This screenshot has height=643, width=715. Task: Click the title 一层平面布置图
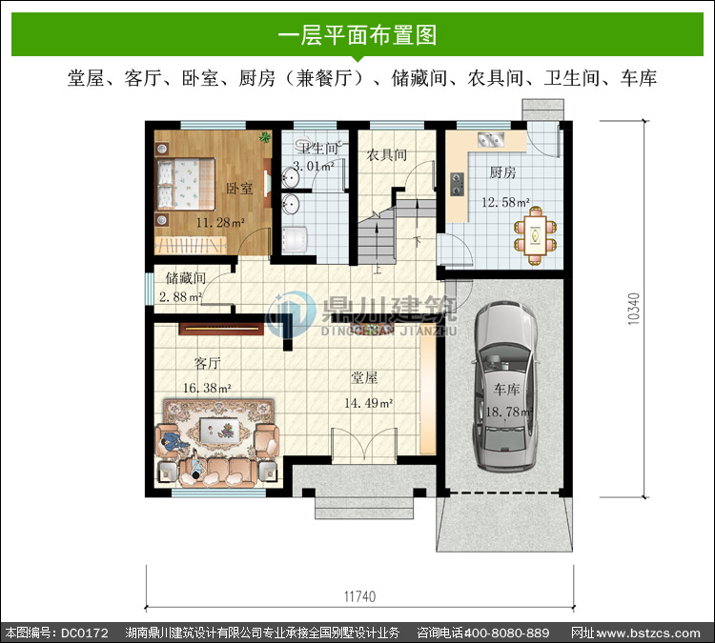click(357, 35)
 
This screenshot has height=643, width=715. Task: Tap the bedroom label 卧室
click(239, 189)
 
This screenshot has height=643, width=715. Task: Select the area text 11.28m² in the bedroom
click(220, 222)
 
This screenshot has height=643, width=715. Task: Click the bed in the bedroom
click(186, 184)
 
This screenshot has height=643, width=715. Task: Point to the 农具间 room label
click(387, 155)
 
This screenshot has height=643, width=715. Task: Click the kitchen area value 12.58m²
click(505, 201)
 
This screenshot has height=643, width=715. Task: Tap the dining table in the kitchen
click(536, 235)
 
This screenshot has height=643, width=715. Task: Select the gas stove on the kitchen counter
click(458, 184)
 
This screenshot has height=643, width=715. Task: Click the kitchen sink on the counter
click(491, 139)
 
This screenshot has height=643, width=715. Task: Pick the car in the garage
click(504, 386)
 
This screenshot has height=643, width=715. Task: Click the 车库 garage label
click(506, 390)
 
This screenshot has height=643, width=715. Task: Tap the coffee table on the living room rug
click(219, 431)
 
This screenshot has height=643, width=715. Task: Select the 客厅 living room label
click(208, 363)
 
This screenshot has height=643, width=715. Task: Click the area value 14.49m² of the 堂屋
click(368, 403)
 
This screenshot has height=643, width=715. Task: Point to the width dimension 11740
click(359, 596)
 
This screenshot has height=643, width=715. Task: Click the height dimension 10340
click(634, 309)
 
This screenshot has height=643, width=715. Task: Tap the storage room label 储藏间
click(185, 277)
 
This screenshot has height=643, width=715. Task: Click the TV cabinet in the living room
click(221, 329)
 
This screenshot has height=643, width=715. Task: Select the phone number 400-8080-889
click(506, 633)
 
